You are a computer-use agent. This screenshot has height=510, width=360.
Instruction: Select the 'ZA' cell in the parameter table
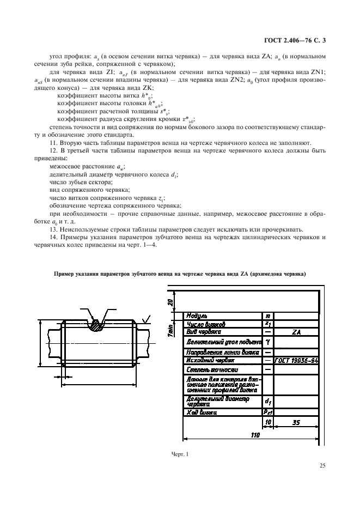pos(296,331)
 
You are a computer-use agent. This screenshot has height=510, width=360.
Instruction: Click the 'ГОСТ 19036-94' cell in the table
pos(296,361)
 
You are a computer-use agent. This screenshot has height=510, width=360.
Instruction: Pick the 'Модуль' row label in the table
pos(198,315)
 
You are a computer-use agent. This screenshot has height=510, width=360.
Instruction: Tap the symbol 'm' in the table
pos(267,315)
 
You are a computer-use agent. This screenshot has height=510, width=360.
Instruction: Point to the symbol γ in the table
pos(267,342)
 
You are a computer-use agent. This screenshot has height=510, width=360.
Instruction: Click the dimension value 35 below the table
pos(296,422)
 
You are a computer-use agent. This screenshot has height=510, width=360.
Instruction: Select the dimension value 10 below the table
pos(267,422)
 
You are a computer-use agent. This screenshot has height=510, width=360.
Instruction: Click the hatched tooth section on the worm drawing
pos(97,325)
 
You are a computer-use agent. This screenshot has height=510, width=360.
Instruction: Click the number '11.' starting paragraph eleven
pos(53,143)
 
